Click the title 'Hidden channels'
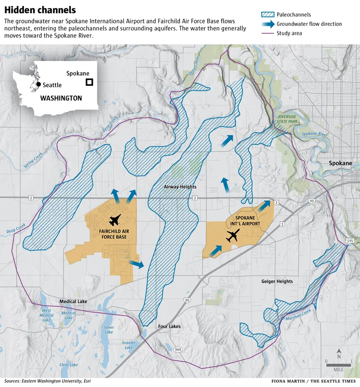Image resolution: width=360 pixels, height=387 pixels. pos(40,10)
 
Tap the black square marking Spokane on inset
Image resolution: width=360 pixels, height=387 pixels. pos(89,82)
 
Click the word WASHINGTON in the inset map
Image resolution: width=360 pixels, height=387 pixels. pos(61,99)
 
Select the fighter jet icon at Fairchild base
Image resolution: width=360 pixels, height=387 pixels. pos(114,220)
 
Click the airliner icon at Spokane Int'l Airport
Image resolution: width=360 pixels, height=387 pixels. pos(232,236)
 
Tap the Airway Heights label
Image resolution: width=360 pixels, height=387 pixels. pos(180,187)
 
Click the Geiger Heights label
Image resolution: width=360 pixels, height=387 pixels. pos(277,281)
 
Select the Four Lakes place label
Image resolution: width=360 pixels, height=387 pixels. pos(169,326)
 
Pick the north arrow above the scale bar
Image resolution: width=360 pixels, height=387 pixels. pos(339,353)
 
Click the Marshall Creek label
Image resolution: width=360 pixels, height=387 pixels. pos(299,317)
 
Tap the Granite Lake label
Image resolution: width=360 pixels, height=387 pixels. pos(128,345)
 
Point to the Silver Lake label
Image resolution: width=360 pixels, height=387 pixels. pos(108,330)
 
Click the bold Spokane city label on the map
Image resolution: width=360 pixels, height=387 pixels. pos(340,163)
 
